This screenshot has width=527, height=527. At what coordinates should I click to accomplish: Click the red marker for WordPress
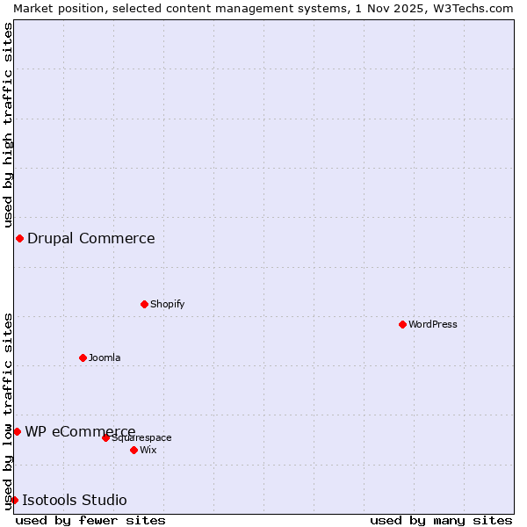pos(402,324)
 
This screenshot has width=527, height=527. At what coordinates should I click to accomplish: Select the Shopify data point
pos(144,304)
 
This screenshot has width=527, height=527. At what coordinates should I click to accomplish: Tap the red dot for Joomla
pos(83,357)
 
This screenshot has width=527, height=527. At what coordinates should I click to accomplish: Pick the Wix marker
pos(134,450)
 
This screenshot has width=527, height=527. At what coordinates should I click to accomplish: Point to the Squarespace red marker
pos(105,437)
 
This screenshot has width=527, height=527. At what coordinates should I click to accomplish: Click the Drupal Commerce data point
pos(19,238)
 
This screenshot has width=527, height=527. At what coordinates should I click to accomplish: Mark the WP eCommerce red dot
pos(17,431)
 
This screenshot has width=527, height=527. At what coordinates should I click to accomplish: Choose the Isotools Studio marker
pos(14,500)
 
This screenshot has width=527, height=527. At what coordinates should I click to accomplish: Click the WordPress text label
pos(433,324)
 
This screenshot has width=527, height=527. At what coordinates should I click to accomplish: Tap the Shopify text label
pos(167,304)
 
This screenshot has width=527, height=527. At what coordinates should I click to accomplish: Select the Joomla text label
pos(105,357)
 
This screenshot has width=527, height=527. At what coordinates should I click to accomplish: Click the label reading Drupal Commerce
pos(91,238)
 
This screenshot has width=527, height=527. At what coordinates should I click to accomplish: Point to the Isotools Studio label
pos(75,500)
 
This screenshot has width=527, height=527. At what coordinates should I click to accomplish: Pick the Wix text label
pos(148,450)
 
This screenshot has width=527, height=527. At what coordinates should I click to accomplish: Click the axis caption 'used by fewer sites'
pos(90,520)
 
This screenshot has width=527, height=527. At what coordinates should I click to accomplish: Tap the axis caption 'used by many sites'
pos(441,520)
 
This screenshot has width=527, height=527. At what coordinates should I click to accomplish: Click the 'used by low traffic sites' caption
pos(8,409)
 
